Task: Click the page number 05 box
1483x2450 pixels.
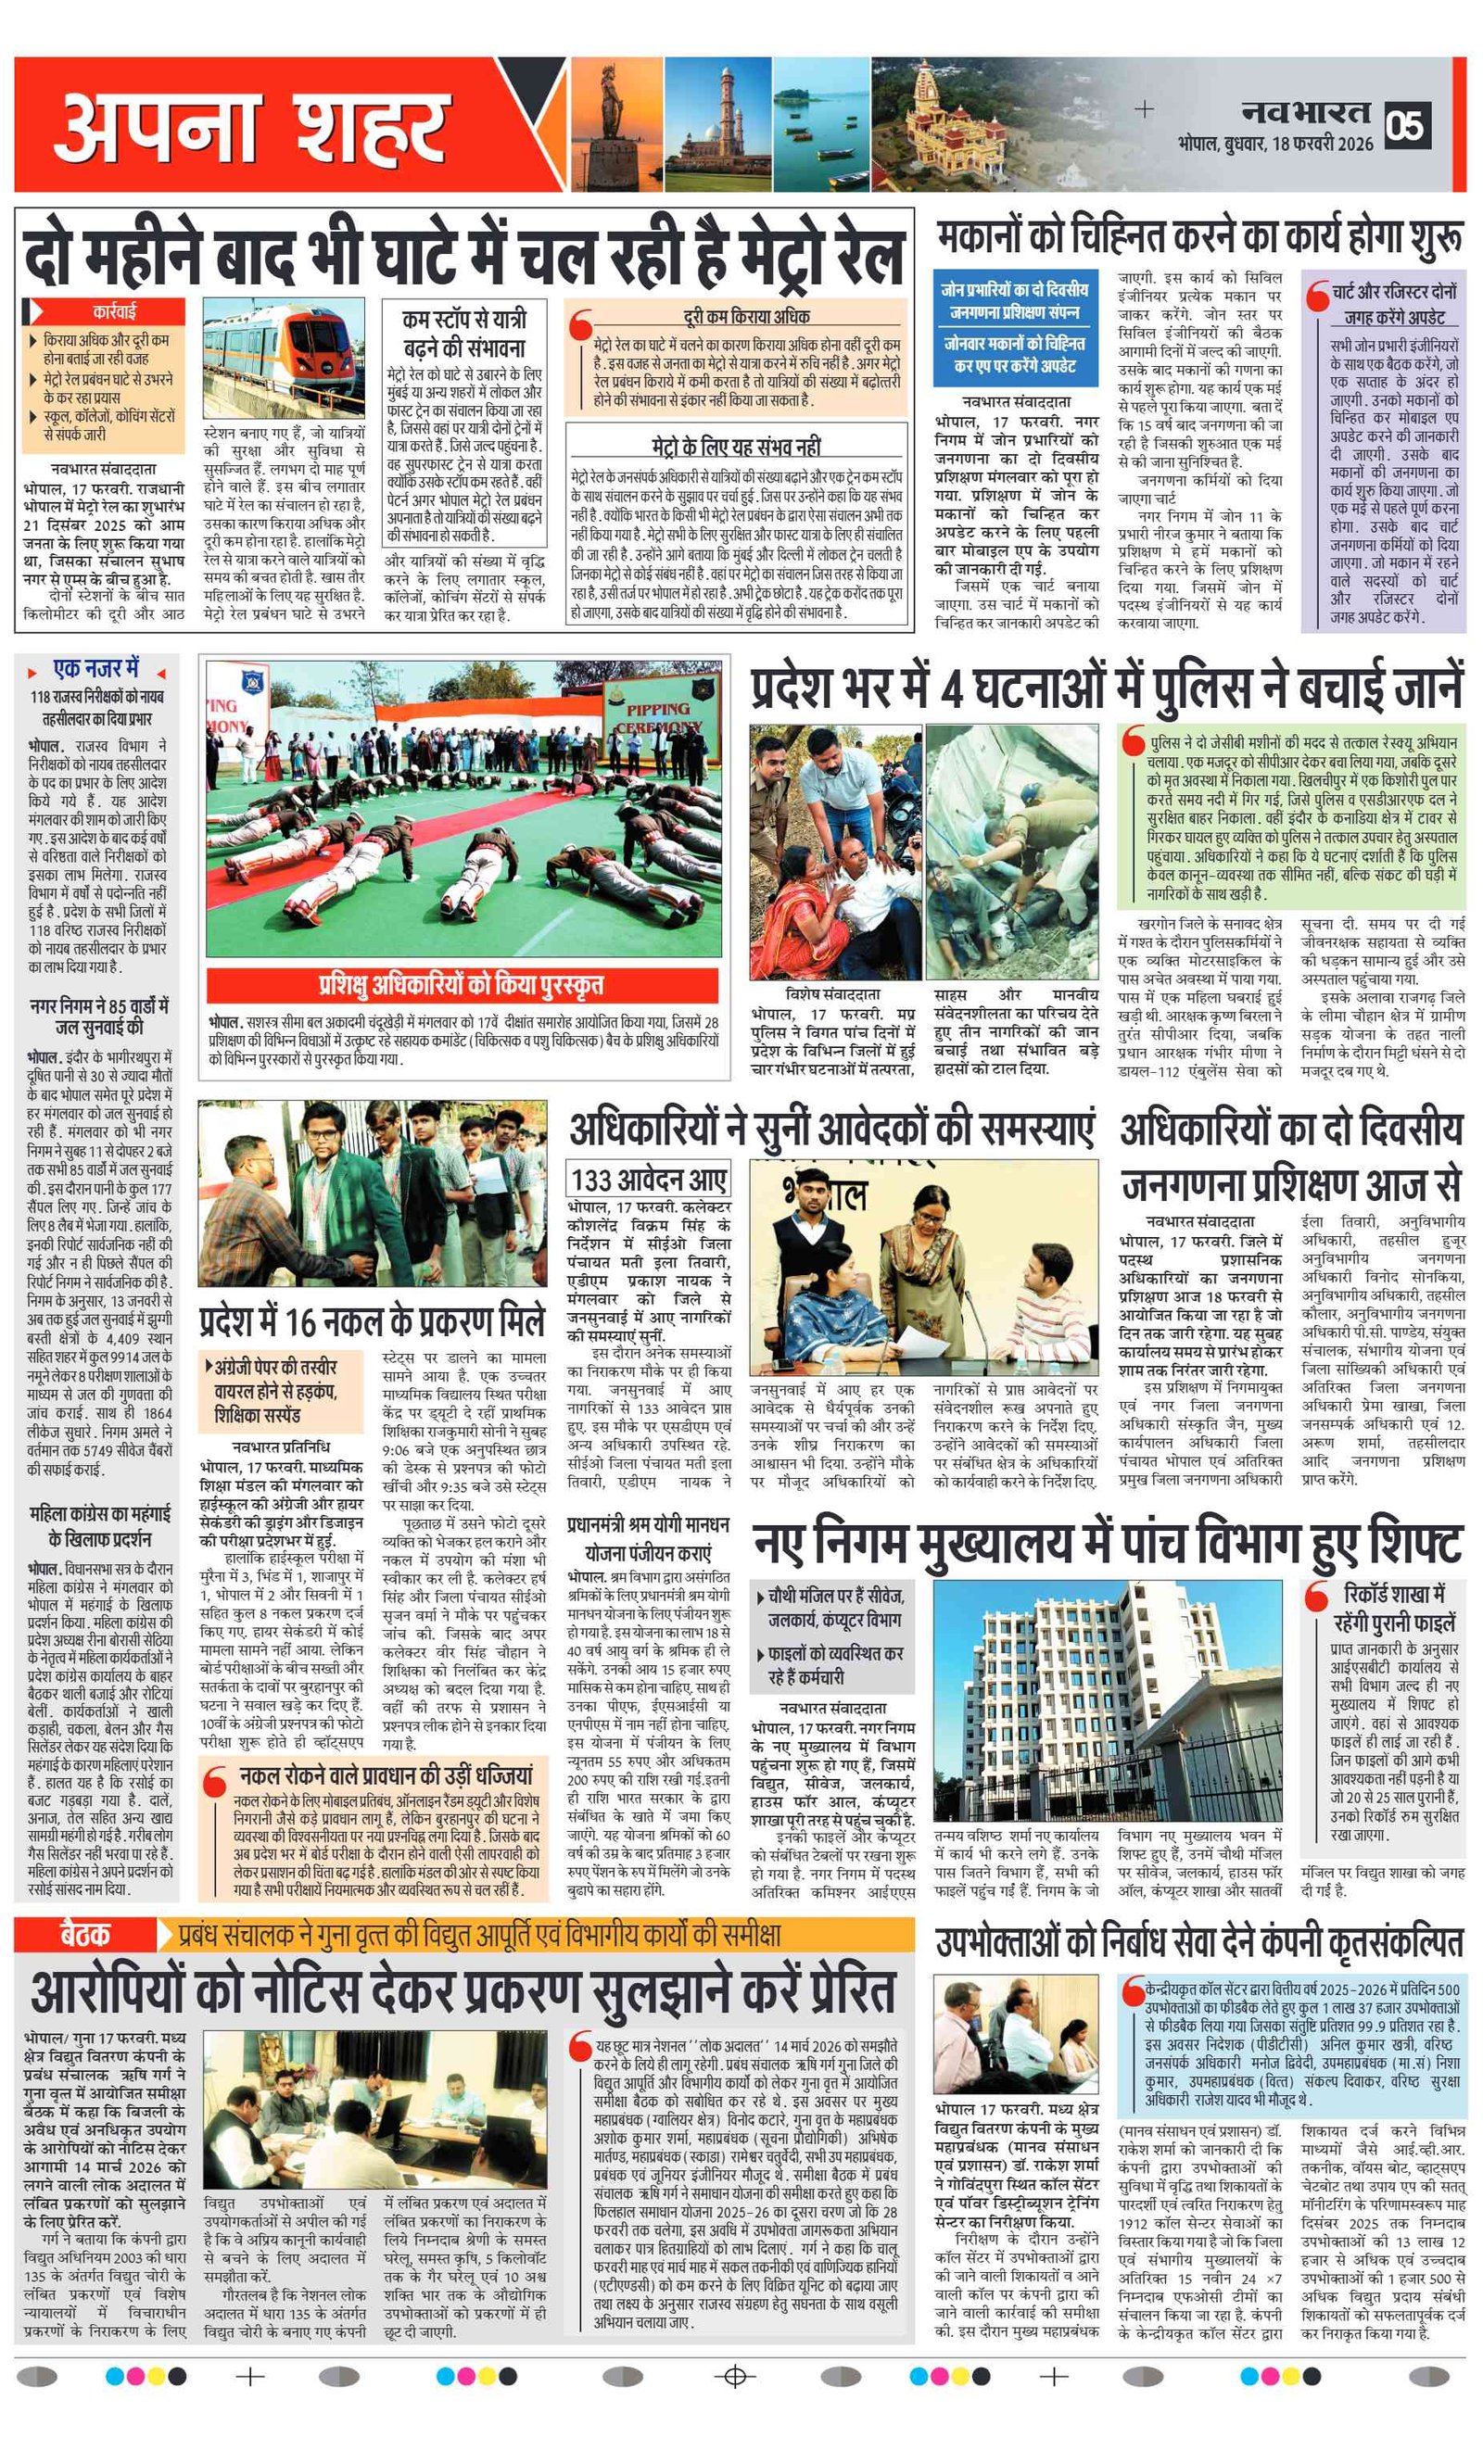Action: click(1409, 124)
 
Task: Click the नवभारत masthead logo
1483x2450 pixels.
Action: click(1306, 111)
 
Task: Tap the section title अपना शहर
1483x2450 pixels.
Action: click(248, 128)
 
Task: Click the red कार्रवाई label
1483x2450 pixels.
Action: click(114, 311)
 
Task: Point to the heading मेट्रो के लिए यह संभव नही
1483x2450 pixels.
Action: click(736, 447)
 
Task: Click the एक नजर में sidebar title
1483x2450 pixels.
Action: click(96, 668)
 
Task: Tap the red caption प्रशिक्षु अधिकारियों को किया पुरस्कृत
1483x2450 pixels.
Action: click(462, 985)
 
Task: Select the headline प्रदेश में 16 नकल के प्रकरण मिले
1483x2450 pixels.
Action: click(372, 1321)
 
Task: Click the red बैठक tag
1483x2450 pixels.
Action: click(85, 1934)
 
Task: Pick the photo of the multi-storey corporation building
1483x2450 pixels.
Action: click(1107, 1701)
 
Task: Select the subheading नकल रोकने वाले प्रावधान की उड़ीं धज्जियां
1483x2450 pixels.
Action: click(386, 1774)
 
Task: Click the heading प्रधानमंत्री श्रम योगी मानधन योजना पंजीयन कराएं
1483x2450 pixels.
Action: click(648, 1537)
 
